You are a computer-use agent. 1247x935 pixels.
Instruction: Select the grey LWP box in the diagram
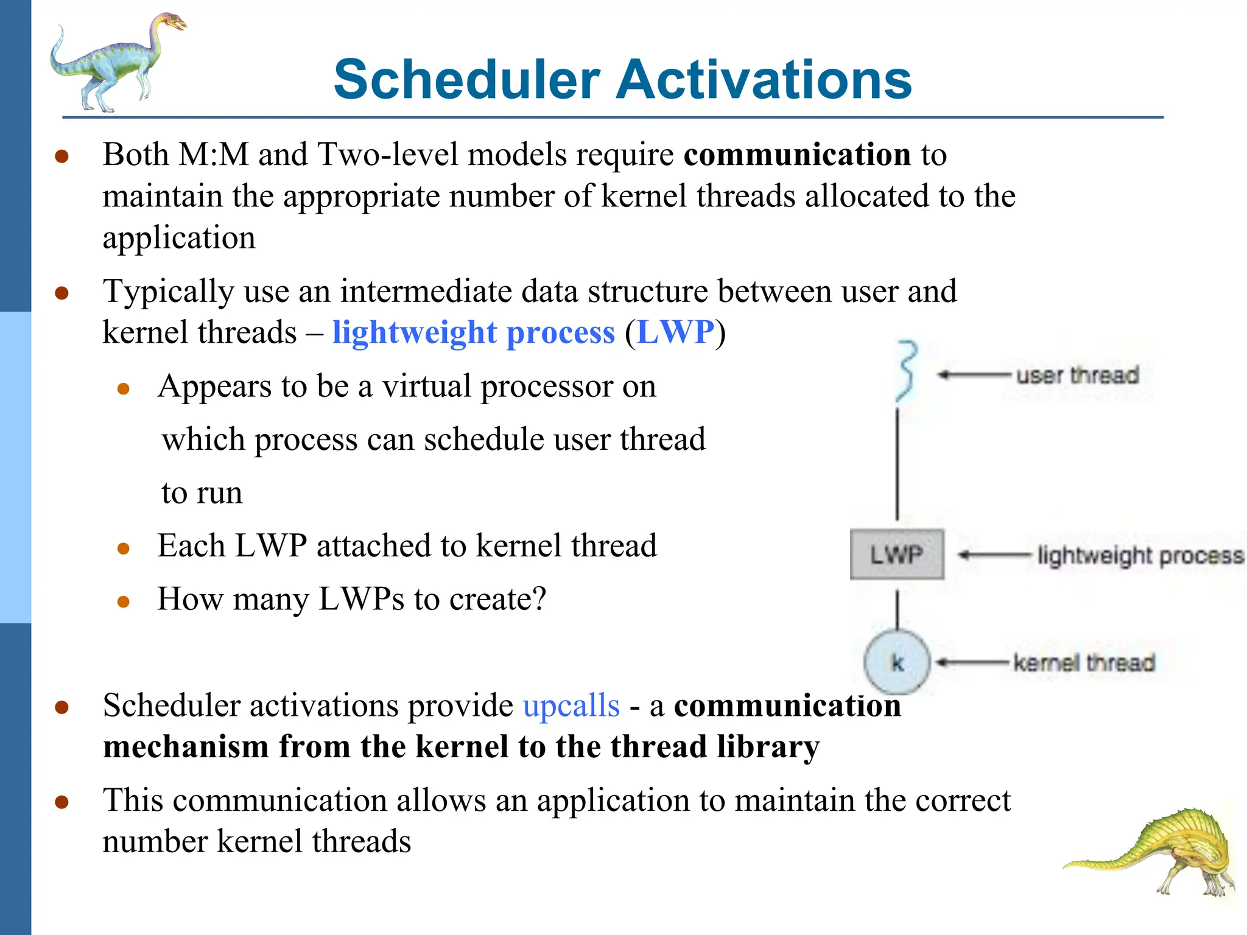(x=896, y=555)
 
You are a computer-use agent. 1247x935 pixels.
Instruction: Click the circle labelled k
(x=897, y=662)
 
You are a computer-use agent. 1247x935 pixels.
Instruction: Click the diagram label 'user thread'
(x=1077, y=375)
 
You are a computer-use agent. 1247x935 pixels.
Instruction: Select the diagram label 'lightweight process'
(x=1140, y=555)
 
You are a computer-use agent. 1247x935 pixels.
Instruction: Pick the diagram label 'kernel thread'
(x=1084, y=662)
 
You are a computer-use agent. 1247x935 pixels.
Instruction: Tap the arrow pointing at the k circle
(x=972, y=662)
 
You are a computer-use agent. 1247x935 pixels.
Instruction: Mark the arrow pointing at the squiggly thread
(x=973, y=375)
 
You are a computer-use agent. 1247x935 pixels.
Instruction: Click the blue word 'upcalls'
(x=571, y=706)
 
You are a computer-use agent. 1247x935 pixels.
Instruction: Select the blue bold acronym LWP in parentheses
(x=675, y=332)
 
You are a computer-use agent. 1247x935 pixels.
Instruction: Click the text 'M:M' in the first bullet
(x=214, y=155)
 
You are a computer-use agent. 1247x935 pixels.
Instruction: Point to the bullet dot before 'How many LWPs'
(x=124, y=602)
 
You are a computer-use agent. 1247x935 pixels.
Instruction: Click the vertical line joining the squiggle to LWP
(x=897, y=463)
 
